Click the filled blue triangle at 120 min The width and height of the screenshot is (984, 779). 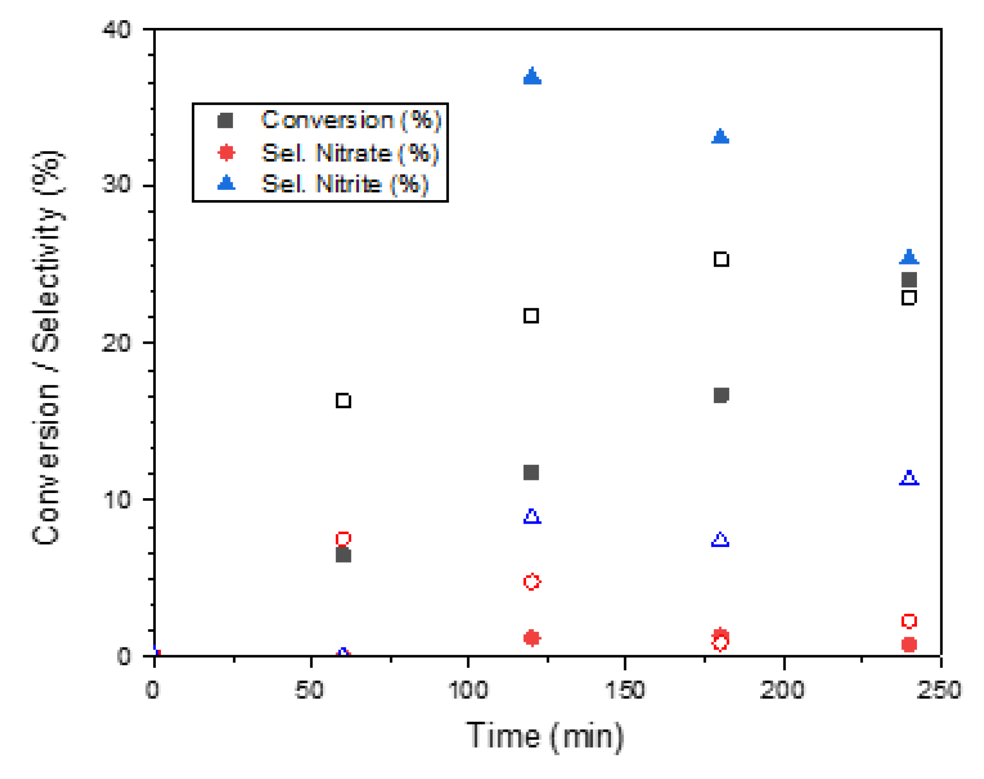pyautogui.click(x=532, y=77)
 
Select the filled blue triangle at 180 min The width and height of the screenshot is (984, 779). pyautogui.click(x=720, y=137)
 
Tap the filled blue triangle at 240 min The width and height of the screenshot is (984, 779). pyautogui.click(x=908, y=257)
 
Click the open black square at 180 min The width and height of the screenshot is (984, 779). pyautogui.click(x=721, y=259)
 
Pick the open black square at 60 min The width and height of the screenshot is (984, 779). pyautogui.click(x=343, y=401)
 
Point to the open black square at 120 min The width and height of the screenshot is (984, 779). pyautogui.click(x=531, y=316)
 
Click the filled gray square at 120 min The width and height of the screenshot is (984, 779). pyautogui.click(x=531, y=473)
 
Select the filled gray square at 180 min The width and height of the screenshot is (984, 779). pyautogui.click(x=720, y=395)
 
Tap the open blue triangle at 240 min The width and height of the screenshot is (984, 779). pyautogui.click(x=908, y=478)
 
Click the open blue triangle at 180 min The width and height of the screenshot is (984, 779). pyautogui.click(x=720, y=540)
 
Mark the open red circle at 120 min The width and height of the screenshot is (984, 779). pyautogui.click(x=531, y=582)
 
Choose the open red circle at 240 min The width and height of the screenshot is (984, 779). pyautogui.click(x=908, y=621)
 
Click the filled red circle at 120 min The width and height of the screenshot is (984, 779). pyautogui.click(x=531, y=638)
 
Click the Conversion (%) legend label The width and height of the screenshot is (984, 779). pyautogui.click(x=351, y=120)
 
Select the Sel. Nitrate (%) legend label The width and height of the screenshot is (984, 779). pyautogui.click(x=349, y=153)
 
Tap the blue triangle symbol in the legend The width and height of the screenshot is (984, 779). pyautogui.click(x=226, y=183)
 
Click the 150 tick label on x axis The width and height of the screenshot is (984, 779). pyautogui.click(x=625, y=690)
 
